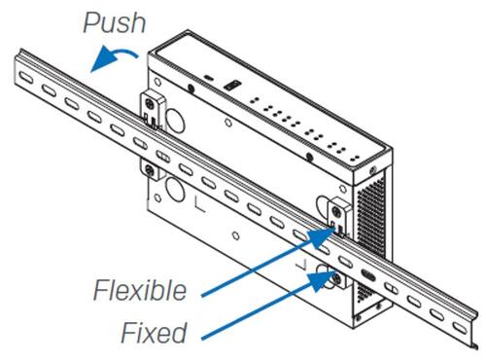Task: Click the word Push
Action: tap(115, 22)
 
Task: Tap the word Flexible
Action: tap(140, 290)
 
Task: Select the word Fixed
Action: tap(154, 333)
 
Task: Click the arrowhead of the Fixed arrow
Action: tap(323, 280)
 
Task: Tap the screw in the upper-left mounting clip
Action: tap(150, 103)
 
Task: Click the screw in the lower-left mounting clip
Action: tap(150, 169)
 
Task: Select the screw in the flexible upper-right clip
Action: tap(337, 212)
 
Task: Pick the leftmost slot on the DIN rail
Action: tap(26, 78)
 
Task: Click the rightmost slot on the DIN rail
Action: tap(460, 327)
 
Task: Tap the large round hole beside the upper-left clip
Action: tap(175, 122)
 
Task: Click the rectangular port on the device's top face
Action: tap(232, 86)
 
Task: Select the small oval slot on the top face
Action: tap(209, 78)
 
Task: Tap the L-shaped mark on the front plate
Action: tap(200, 204)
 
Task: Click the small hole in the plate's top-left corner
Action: tap(157, 82)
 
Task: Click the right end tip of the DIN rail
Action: tap(475, 347)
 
